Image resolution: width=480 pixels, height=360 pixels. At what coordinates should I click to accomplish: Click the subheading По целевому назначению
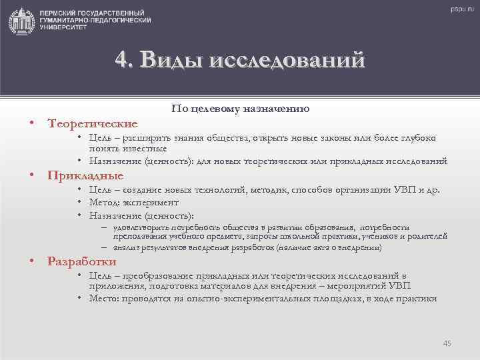[240, 108]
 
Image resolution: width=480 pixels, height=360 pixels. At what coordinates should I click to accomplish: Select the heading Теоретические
[93, 123]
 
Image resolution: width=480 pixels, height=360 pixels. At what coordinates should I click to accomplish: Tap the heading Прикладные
[85, 176]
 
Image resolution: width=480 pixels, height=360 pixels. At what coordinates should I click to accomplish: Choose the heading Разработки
[82, 261]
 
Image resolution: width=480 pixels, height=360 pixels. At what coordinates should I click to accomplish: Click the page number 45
[447, 343]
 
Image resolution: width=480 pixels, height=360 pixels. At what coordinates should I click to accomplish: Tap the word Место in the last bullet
[105, 299]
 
